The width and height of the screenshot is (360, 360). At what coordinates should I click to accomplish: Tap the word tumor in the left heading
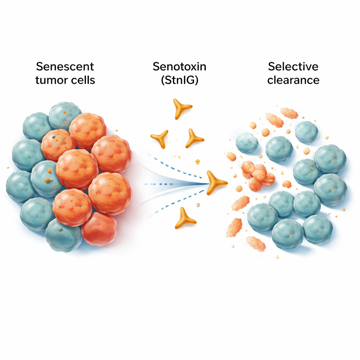tap(52, 80)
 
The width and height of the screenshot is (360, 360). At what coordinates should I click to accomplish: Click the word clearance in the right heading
tap(293, 80)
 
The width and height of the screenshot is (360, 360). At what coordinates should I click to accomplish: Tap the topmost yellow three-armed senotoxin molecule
tap(182, 108)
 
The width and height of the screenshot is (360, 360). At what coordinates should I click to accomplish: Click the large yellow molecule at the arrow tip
tap(215, 182)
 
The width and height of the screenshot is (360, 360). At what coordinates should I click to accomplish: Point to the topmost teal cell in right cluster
tap(306, 132)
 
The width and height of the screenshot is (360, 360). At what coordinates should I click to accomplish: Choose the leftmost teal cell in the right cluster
tap(247, 142)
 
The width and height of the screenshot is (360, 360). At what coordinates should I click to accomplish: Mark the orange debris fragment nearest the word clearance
tap(289, 113)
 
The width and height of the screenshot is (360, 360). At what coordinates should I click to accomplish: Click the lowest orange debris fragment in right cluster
tap(256, 244)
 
